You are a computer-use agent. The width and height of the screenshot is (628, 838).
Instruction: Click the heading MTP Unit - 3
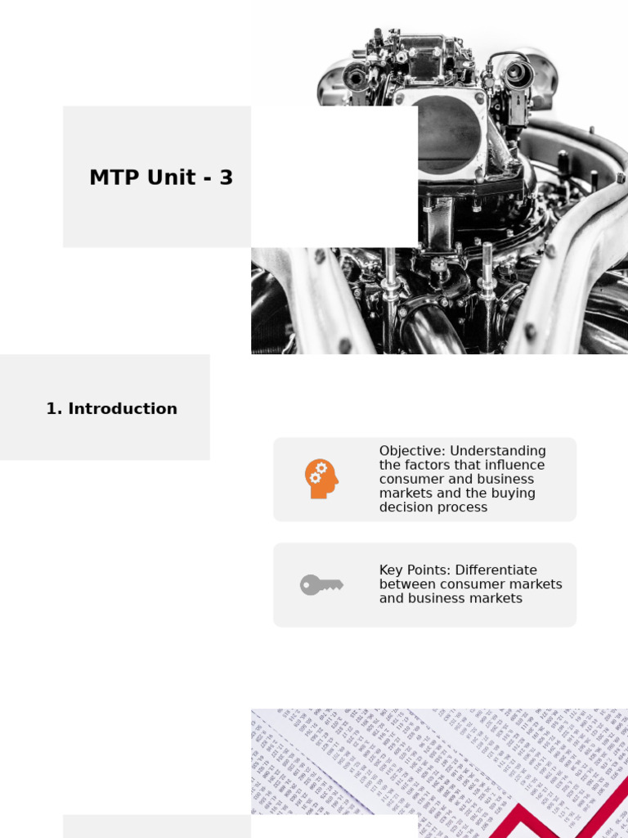[x=161, y=178]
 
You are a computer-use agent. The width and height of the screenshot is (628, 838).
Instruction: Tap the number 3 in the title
[x=226, y=178]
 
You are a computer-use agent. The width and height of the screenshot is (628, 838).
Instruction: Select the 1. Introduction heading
[x=111, y=408]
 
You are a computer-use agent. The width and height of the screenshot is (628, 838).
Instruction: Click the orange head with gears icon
[x=321, y=479]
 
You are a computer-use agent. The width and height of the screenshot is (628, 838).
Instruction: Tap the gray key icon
[x=321, y=584]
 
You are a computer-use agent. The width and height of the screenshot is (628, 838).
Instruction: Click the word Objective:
[x=412, y=451]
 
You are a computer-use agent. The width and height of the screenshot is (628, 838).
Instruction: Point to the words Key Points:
[x=415, y=570]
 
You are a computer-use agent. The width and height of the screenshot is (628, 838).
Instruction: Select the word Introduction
[x=123, y=408]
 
